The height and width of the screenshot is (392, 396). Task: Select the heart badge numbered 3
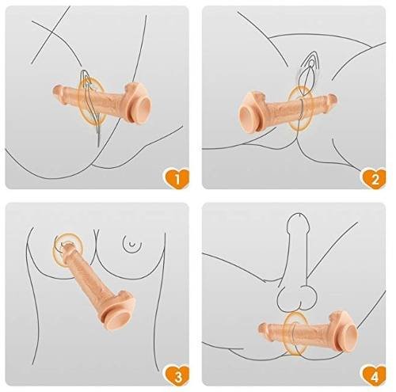pos(177,376)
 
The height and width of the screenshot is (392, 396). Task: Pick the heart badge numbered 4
pos(374,376)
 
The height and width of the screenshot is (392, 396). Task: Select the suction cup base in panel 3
pos(118,319)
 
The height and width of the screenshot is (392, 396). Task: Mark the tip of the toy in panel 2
pos(334,100)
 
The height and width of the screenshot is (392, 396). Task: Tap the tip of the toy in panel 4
pos(261,328)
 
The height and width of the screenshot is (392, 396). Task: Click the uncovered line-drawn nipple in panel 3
pos(133,243)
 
